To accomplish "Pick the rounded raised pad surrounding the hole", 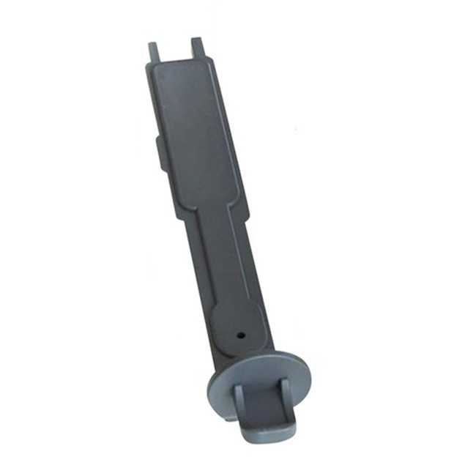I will [x=238, y=326].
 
